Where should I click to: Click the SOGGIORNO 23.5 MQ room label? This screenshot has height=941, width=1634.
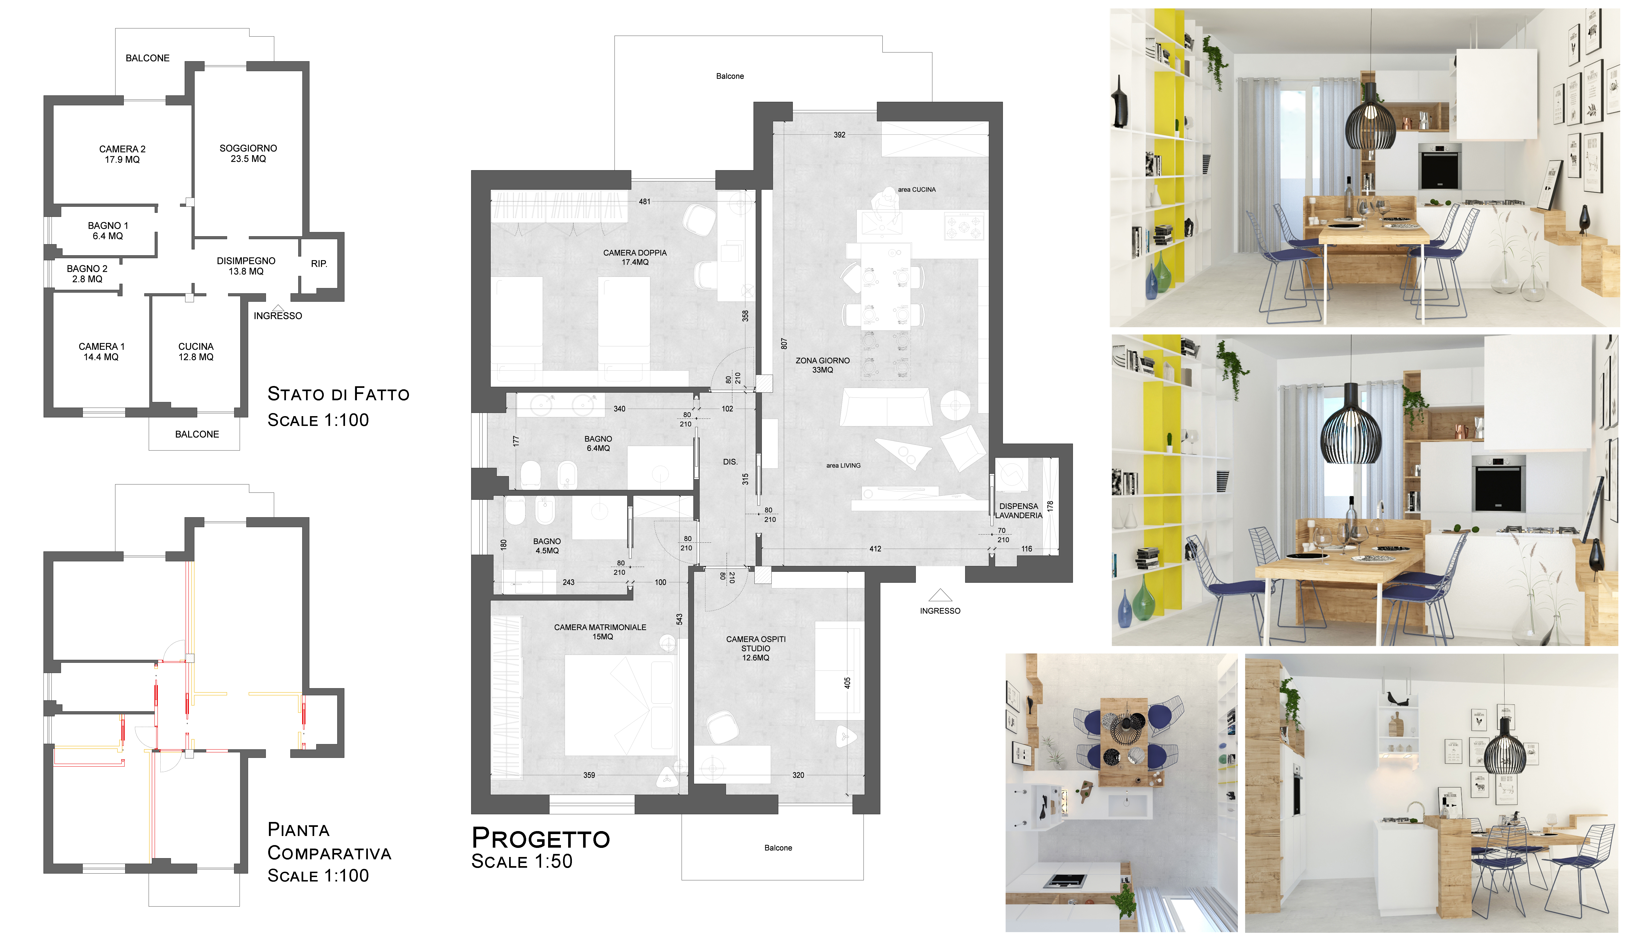248,153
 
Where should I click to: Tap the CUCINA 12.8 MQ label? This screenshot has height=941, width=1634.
196,351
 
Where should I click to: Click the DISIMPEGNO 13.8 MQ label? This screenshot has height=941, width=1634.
246,266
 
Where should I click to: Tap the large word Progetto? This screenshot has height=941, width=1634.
541,838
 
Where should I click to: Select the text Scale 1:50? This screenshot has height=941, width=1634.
522,861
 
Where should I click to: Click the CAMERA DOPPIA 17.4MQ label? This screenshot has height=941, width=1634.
635,257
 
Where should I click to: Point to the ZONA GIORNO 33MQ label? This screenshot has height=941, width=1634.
823,365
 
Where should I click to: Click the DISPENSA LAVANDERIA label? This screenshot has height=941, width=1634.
1019,511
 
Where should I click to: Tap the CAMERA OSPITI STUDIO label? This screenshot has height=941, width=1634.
756,648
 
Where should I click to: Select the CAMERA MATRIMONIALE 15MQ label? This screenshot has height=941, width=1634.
600,632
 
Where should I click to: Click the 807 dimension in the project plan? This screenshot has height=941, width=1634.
784,344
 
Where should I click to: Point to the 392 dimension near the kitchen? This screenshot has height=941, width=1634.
840,135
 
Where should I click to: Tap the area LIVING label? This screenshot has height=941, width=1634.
844,465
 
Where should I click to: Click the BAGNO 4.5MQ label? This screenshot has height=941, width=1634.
547,546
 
